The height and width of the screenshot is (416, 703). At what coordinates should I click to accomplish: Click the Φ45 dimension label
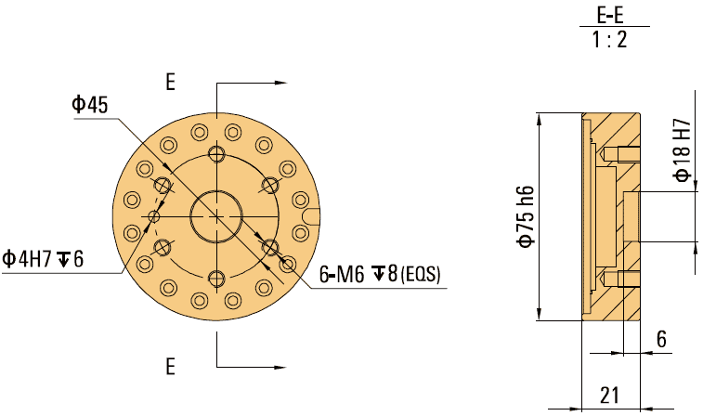(x=90, y=105)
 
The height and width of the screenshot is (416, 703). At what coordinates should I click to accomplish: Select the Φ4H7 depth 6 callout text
(x=43, y=259)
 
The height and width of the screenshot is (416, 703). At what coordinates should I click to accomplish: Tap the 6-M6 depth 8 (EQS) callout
(x=380, y=275)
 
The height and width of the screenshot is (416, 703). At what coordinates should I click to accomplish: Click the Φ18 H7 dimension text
(x=683, y=150)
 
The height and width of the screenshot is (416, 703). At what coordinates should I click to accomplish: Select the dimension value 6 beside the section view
(x=661, y=340)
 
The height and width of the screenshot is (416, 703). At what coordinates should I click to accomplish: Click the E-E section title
(x=610, y=16)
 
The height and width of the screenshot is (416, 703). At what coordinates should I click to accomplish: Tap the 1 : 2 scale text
(x=610, y=40)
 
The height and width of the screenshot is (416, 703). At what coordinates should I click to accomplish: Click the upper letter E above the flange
(x=170, y=83)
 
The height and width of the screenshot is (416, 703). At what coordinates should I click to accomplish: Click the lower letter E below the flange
(x=170, y=366)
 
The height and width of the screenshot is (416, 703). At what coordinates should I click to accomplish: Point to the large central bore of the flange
(x=216, y=216)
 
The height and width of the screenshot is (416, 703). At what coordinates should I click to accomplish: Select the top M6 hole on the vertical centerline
(x=216, y=153)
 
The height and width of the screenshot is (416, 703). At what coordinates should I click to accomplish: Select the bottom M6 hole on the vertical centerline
(x=216, y=279)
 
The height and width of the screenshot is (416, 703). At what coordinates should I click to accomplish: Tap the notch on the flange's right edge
(x=313, y=217)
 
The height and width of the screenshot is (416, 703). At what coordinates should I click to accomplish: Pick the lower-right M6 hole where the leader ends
(x=271, y=247)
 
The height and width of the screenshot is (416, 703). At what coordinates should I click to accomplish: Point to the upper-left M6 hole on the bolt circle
(x=163, y=185)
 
